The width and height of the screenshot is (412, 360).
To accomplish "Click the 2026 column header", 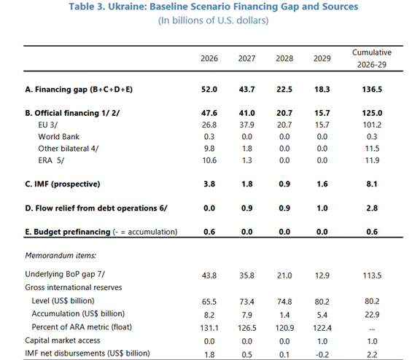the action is coord(209,58).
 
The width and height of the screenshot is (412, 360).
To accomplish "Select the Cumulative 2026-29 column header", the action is coord(372,58).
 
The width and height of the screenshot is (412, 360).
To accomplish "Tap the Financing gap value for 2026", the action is coord(209,90).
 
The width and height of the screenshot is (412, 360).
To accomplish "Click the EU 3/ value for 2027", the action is coord(246,125).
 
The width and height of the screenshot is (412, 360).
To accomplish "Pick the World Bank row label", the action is coord(58,136).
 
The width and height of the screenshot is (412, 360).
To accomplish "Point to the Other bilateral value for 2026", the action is coord(209,149).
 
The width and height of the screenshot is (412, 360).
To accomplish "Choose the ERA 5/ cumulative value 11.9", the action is coord(372,160).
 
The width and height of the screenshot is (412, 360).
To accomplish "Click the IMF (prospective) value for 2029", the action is coord(322,184).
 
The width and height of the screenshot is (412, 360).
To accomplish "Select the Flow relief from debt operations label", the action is coord(96,208).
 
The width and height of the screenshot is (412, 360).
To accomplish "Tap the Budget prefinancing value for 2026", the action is coord(209,232).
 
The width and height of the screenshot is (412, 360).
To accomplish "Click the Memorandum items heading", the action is coord(61,255).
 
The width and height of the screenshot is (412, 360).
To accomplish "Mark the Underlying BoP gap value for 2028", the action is coord(284,275).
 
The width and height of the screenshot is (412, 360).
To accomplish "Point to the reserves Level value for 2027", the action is coord(246,302).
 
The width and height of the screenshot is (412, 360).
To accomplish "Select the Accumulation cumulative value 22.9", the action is coord(372,314).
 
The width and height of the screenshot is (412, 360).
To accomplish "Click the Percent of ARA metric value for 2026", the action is coord(209,328).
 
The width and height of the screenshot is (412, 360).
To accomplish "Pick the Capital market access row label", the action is coord(63,340).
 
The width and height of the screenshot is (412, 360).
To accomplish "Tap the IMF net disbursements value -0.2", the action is coord(322,355).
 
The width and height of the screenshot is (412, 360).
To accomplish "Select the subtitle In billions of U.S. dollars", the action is coord(214,20).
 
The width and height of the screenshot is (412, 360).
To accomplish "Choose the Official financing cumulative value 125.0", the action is coord(372,113).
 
